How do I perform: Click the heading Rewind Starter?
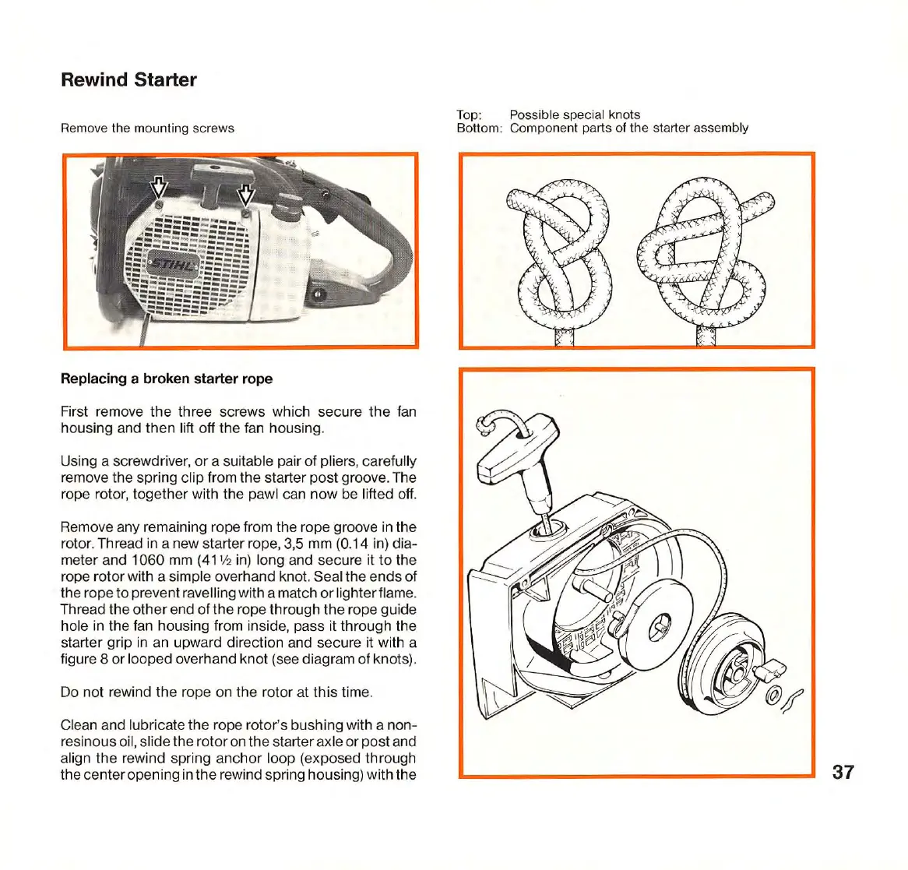pyautogui.click(x=128, y=80)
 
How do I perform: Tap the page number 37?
pyautogui.click(x=843, y=772)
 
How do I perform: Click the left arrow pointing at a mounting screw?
pyautogui.click(x=158, y=188)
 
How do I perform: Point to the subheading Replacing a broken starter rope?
pyautogui.click(x=167, y=379)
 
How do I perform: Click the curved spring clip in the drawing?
pyautogui.click(x=791, y=699)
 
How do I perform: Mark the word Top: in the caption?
pyautogui.click(x=470, y=114)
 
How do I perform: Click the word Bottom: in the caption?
pyautogui.click(x=479, y=128)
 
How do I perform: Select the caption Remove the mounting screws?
pyautogui.click(x=147, y=128)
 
